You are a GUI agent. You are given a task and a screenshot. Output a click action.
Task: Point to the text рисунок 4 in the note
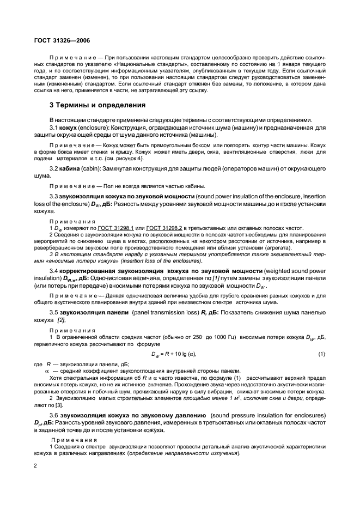click(135, 158)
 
